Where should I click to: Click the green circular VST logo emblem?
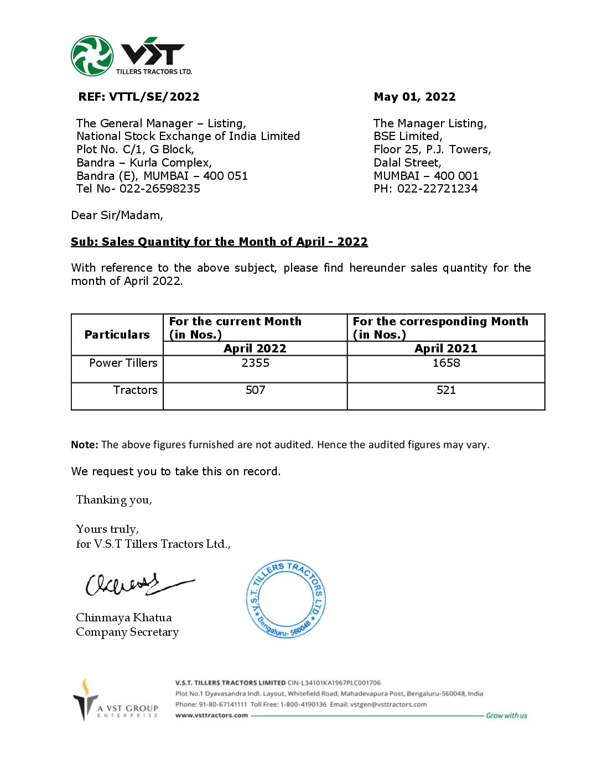coord(92,56)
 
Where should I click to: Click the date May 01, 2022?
coord(414,97)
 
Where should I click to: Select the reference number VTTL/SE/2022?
coord(154,97)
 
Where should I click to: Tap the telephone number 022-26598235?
coord(160,189)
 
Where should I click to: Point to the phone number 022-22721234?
coord(437,189)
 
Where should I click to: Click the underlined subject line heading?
coord(219,242)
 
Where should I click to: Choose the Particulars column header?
coord(117,335)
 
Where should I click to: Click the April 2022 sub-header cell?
coord(255,349)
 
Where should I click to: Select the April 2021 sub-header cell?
coord(446,349)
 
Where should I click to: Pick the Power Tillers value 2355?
coord(255,363)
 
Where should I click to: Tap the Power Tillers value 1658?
coord(446,363)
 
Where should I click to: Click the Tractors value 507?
coord(255,390)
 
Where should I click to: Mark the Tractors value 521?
coord(446,390)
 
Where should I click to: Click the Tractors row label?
coord(135,390)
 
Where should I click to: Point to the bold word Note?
coord(85,445)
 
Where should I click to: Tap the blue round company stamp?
coord(286,599)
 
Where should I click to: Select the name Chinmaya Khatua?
coord(123,617)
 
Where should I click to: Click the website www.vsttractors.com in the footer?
coord(211,715)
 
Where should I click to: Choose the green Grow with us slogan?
coord(506,715)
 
